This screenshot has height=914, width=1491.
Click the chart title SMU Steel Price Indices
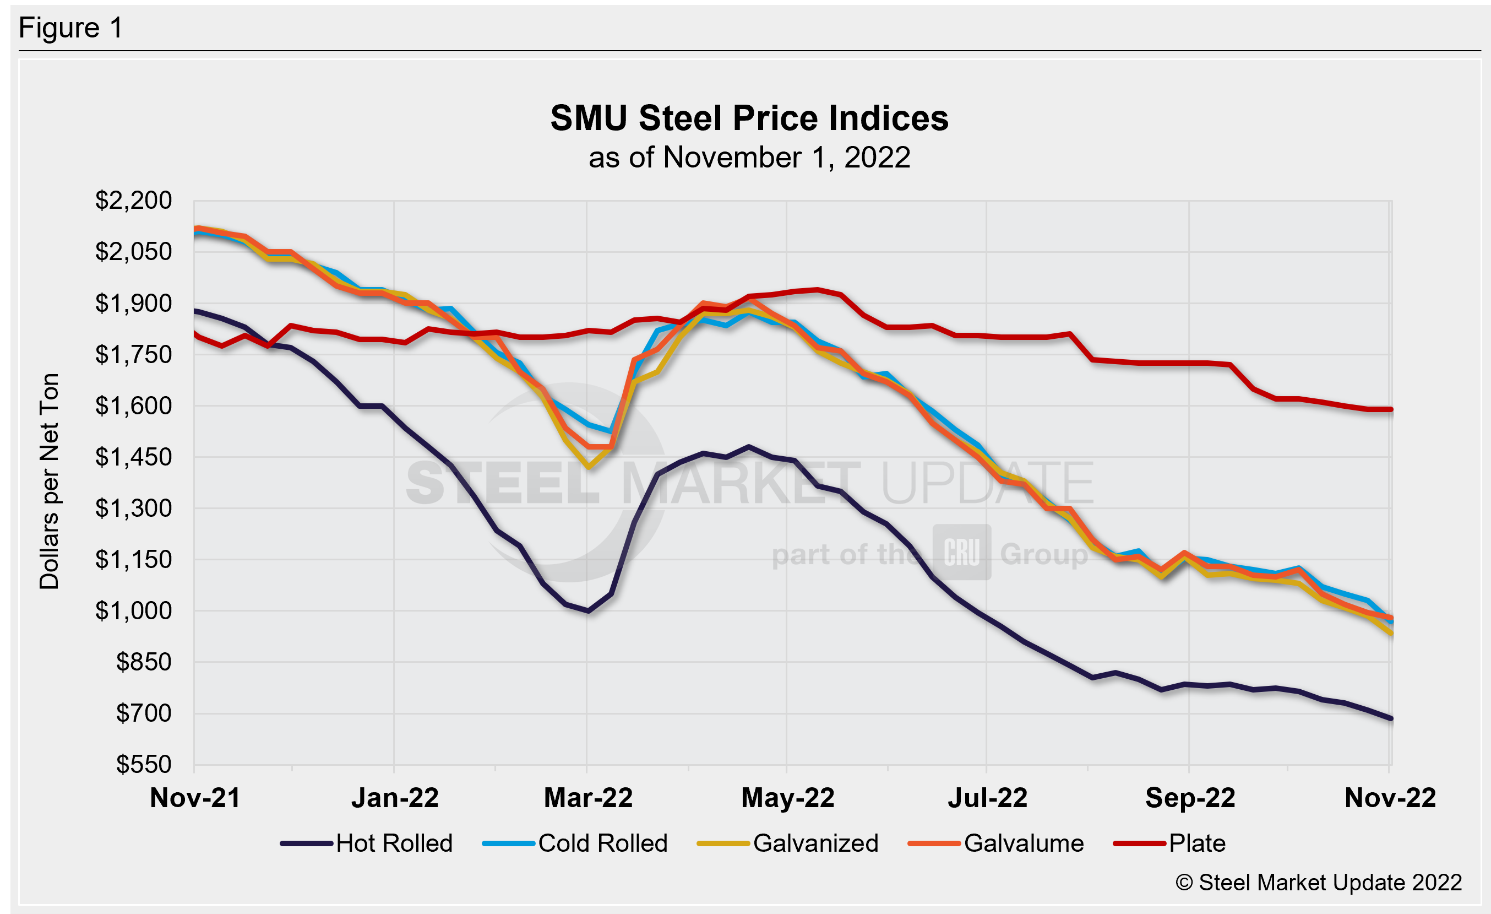click(749, 117)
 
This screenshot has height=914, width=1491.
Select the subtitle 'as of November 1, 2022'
click(749, 158)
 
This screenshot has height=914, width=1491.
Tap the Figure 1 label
click(71, 28)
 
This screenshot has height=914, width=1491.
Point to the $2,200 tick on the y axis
click(133, 201)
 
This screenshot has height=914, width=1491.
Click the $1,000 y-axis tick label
click(133, 611)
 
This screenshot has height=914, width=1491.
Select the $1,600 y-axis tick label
click(133, 405)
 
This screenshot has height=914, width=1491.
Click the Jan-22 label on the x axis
click(395, 798)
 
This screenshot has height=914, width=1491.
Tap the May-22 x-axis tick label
click(787, 798)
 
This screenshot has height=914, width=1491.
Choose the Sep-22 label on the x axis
click(1190, 798)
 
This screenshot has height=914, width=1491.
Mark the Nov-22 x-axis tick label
click(1390, 798)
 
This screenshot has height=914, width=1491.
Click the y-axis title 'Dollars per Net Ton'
click(50, 481)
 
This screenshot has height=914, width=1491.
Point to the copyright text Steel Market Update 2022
click(1319, 883)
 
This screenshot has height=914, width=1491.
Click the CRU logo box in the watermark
click(961, 552)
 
